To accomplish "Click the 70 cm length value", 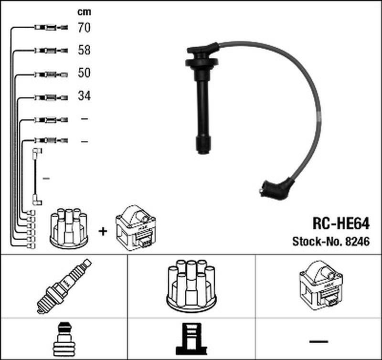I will click(84, 28).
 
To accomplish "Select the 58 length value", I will click(84, 51).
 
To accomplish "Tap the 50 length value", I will click(84, 73).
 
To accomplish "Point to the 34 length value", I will click(84, 96).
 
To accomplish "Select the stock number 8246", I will click(358, 242).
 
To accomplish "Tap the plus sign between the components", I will click(102, 232).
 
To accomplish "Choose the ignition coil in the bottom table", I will click(318, 286).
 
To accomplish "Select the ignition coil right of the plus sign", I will click(136, 227).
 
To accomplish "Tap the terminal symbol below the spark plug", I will click(64, 340).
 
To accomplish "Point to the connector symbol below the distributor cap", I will click(191, 340).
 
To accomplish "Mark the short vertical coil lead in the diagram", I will click(36, 177).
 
